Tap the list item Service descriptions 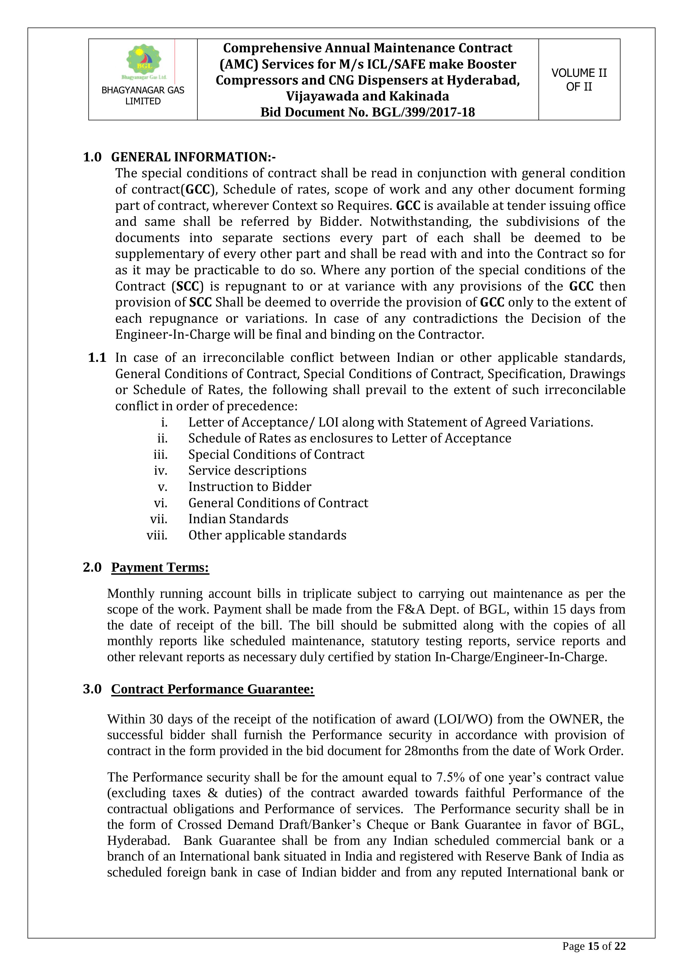pos(247,470)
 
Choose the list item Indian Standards pos(238,519)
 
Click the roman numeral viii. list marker pos(157,535)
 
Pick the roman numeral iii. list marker pos(160,454)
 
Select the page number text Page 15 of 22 pos(594,946)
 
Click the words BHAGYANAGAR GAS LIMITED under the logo pos(143,96)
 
